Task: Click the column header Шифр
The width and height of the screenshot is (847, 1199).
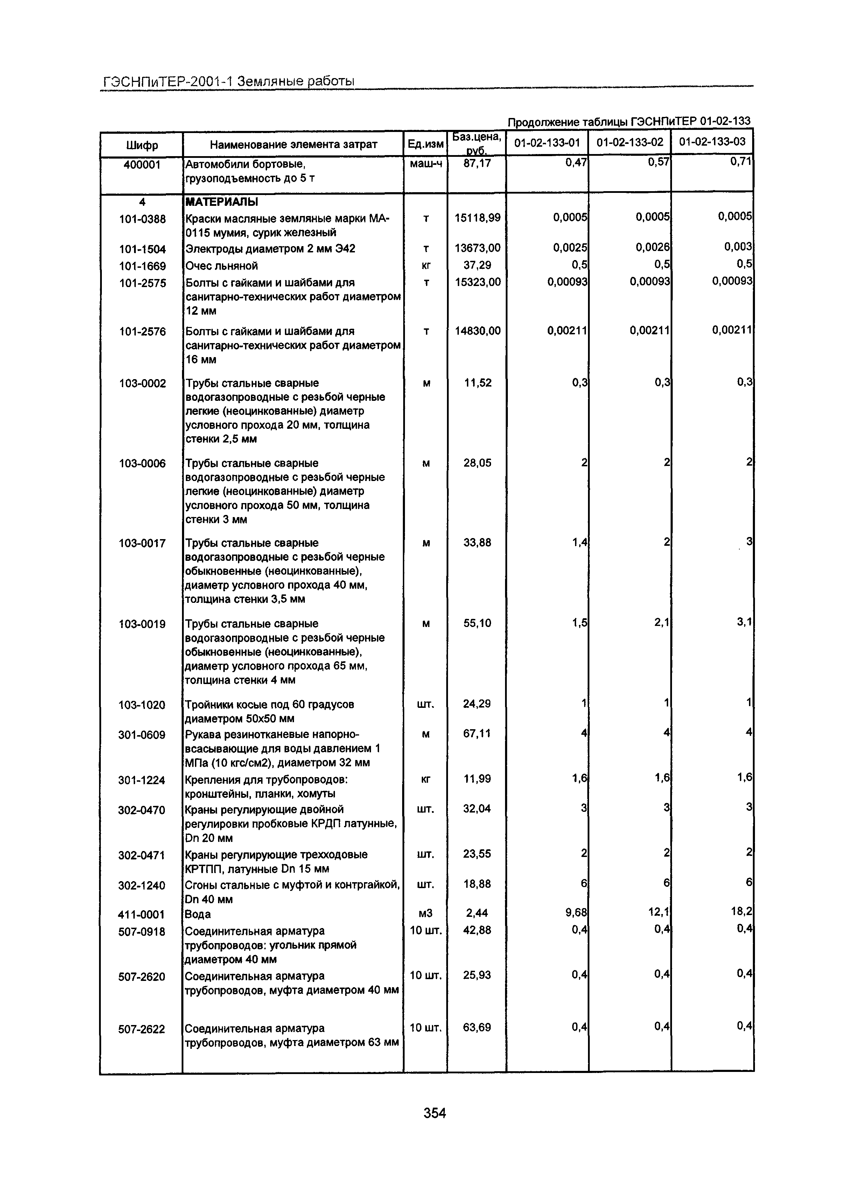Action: point(141,145)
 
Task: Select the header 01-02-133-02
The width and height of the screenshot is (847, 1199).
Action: point(630,142)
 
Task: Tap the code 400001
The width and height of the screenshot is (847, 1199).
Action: point(141,165)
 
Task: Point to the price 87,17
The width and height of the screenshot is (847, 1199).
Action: point(477,164)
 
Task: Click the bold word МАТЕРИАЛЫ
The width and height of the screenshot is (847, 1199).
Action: point(222,202)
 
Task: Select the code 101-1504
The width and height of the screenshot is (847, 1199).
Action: point(142,249)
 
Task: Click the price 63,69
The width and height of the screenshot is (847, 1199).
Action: point(477,1027)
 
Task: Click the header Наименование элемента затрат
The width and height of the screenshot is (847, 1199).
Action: point(293,145)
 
